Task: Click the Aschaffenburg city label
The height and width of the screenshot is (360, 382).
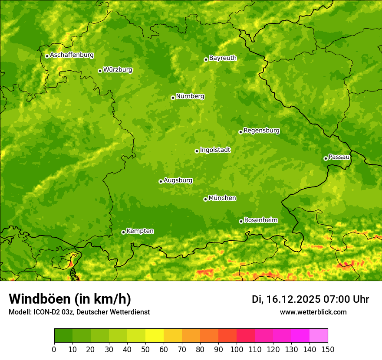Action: point(72,55)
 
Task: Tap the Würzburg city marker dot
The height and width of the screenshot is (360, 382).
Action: point(100,71)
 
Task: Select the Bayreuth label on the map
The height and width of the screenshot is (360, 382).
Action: point(223,58)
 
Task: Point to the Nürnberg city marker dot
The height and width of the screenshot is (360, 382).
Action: point(173,98)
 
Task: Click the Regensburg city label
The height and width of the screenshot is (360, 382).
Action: point(261,131)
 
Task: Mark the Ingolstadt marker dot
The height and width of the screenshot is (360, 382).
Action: point(197,151)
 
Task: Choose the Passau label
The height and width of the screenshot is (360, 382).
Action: point(339,157)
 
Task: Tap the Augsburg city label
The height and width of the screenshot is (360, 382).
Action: point(178,180)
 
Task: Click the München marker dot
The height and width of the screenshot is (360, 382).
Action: point(205,199)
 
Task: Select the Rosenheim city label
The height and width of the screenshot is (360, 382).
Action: point(260,220)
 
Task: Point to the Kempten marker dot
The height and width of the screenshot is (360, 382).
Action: point(123,232)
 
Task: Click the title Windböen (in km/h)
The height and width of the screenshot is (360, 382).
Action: point(70,299)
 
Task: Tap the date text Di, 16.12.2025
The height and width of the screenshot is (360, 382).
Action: point(286,299)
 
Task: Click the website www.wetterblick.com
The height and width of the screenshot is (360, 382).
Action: point(313,312)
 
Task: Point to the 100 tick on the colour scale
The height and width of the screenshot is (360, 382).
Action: point(237,350)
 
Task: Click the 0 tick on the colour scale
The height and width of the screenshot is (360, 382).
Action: point(54,350)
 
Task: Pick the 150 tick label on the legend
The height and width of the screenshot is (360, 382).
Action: point(328,350)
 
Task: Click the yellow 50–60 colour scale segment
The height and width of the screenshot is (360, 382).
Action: point(155,336)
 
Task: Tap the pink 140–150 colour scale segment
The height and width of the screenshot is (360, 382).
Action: point(319,336)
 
